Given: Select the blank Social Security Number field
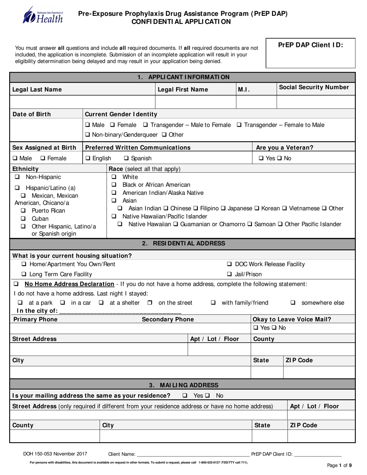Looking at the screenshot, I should [x=316, y=102].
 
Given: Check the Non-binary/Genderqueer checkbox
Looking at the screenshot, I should [x=87, y=135].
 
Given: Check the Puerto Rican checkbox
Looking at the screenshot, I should [x=24, y=211].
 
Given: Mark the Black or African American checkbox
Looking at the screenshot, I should [x=114, y=185].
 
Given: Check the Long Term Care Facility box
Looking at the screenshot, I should [x=24, y=275].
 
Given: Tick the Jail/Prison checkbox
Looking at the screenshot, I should [x=229, y=275].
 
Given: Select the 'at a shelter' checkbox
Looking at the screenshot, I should [x=101, y=303].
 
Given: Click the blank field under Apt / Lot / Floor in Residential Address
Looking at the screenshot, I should [x=219, y=350].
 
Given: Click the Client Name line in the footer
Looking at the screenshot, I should [x=193, y=454].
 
